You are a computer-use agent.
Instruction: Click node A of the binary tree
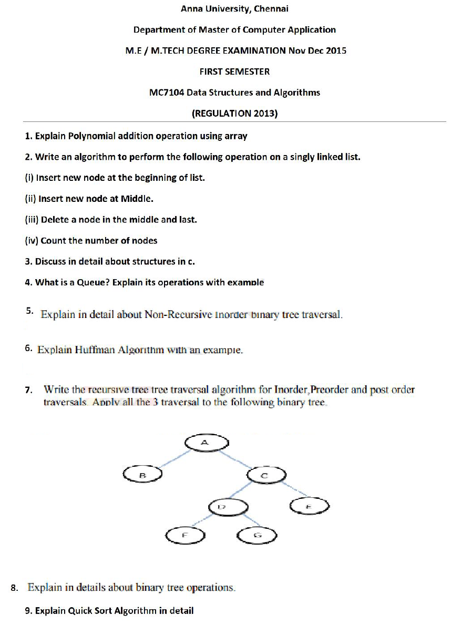(206, 443)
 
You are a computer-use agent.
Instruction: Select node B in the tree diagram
(142, 475)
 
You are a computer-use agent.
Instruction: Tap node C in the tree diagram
(266, 475)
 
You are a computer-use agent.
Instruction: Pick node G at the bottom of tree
(256, 536)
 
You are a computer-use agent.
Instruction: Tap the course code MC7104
(167, 93)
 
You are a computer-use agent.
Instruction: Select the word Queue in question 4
(93, 282)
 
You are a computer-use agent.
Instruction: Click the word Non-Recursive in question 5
(178, 315)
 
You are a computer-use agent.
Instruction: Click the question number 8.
(14, 588)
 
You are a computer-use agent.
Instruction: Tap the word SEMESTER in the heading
(248, 71)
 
